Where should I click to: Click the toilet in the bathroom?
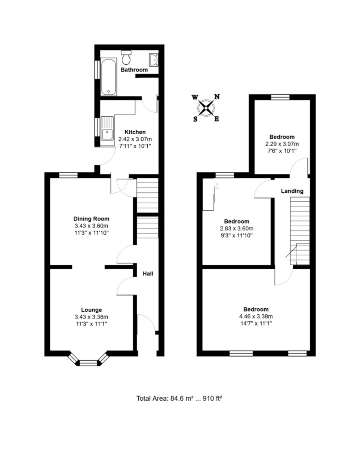click(126, 57)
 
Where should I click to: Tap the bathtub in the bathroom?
click(108, 77)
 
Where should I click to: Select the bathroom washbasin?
click(154, 59)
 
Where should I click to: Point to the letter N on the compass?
click(217, 97)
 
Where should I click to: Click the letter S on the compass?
click(195, 119)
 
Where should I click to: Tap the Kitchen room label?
click(135, 132)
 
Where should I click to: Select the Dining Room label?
click(91, 219)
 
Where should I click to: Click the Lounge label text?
click(91, 310)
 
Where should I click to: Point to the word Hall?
click(148, 274)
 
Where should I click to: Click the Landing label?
click(292, 191)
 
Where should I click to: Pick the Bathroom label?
click(134, 70)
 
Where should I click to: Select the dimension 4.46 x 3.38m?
click(256, 316)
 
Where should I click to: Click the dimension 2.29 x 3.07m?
click(282, 144)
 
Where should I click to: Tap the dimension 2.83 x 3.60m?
click(237, 228)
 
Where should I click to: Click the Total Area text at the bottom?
click(179, 398)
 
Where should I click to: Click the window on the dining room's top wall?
click(68, 175)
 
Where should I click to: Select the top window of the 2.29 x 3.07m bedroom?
click(280, 97)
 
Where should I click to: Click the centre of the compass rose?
click(206, 108)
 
